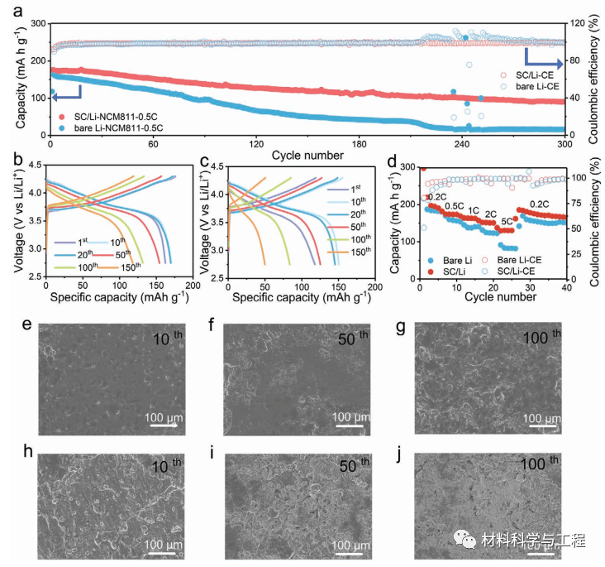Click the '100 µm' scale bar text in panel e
[x=169, y=415]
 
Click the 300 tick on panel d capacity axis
[x=409, y=167]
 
